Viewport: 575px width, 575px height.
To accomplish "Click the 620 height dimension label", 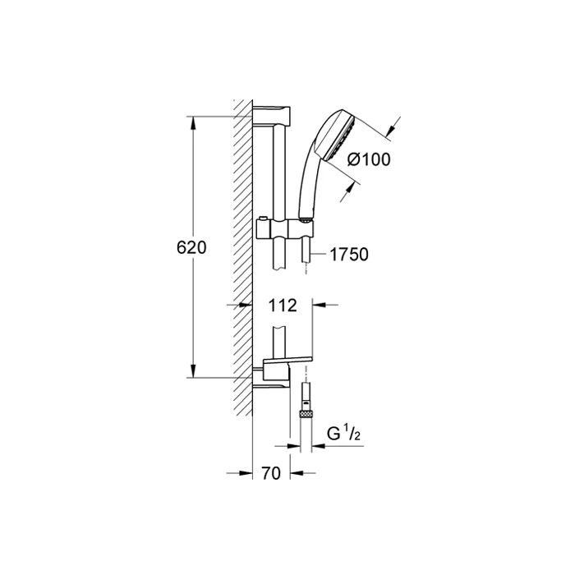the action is (x=191, y=247).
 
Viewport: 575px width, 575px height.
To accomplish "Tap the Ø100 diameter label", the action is (x=369, y=159).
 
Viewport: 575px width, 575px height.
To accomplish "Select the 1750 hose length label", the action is (x=349, y=255).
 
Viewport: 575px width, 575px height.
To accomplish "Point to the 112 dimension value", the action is (x=283, y=305).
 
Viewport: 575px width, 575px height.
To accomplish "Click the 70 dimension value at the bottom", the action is (x=271, y=473).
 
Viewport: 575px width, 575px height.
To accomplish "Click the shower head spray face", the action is (x=340, y=138).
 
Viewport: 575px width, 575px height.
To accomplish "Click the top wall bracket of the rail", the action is (x=271, y=116).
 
